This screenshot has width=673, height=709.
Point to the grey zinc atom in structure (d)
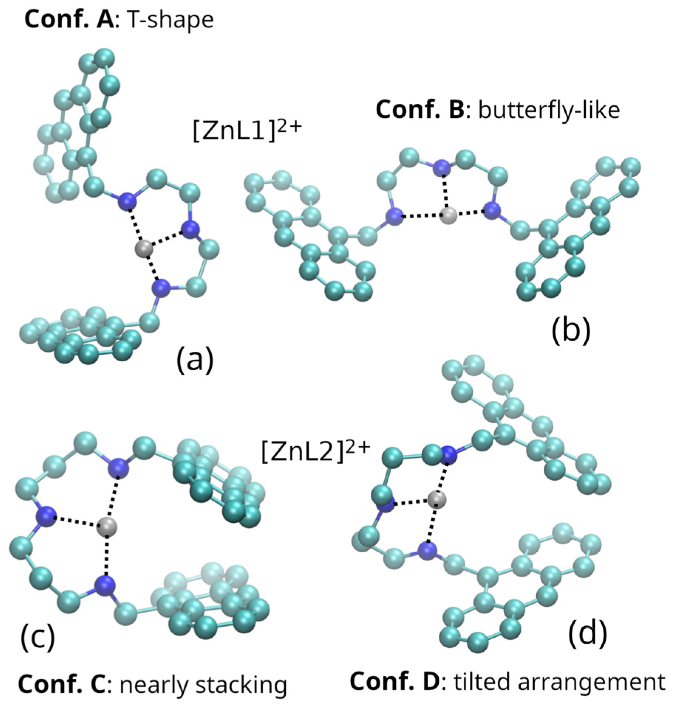click(437, 500)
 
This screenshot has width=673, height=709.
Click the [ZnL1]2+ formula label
click(247, 130)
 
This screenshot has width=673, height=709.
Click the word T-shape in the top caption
click(171, 20)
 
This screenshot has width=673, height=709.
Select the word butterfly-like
click(549, 110)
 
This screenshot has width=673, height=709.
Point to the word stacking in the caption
click(241, 685)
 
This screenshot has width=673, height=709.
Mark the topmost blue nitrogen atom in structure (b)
click(442, 168)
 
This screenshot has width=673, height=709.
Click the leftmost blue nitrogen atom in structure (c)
click(46, 516)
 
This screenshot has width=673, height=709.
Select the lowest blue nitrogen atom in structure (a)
click(161, 288)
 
